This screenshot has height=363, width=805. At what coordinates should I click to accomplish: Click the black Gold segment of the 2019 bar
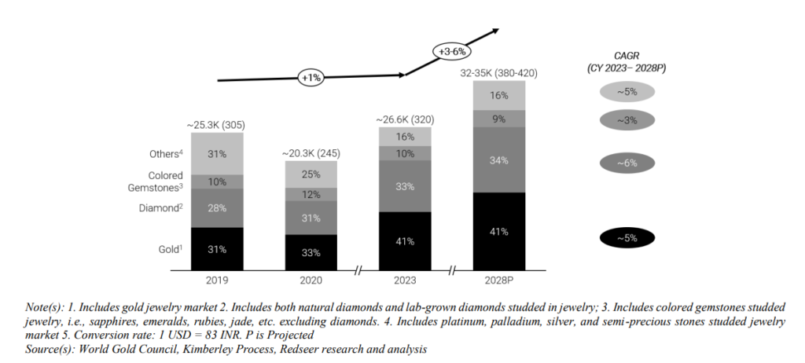(x=217, y=249)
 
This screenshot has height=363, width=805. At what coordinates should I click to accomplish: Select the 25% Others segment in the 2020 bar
(x=311, y=174)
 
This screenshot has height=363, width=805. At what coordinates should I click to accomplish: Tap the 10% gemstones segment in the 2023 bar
(x=405, y=154)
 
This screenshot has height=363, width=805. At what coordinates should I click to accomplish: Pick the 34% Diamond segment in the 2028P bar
(x=499, y=159)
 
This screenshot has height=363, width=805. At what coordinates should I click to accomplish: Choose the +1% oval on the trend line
(x=311, y=78)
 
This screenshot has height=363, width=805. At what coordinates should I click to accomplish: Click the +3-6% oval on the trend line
(x=452, y=52)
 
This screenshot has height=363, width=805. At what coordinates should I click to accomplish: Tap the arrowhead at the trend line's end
(x=494, y=31)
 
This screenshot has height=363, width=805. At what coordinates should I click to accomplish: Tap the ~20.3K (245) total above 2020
(x=311, y=154)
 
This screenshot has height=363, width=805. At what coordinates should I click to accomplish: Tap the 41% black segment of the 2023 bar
(x=405, y=242)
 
